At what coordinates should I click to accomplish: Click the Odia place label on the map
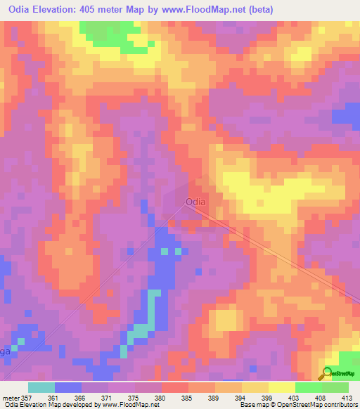195,202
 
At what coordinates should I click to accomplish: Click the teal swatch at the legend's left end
41,387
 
